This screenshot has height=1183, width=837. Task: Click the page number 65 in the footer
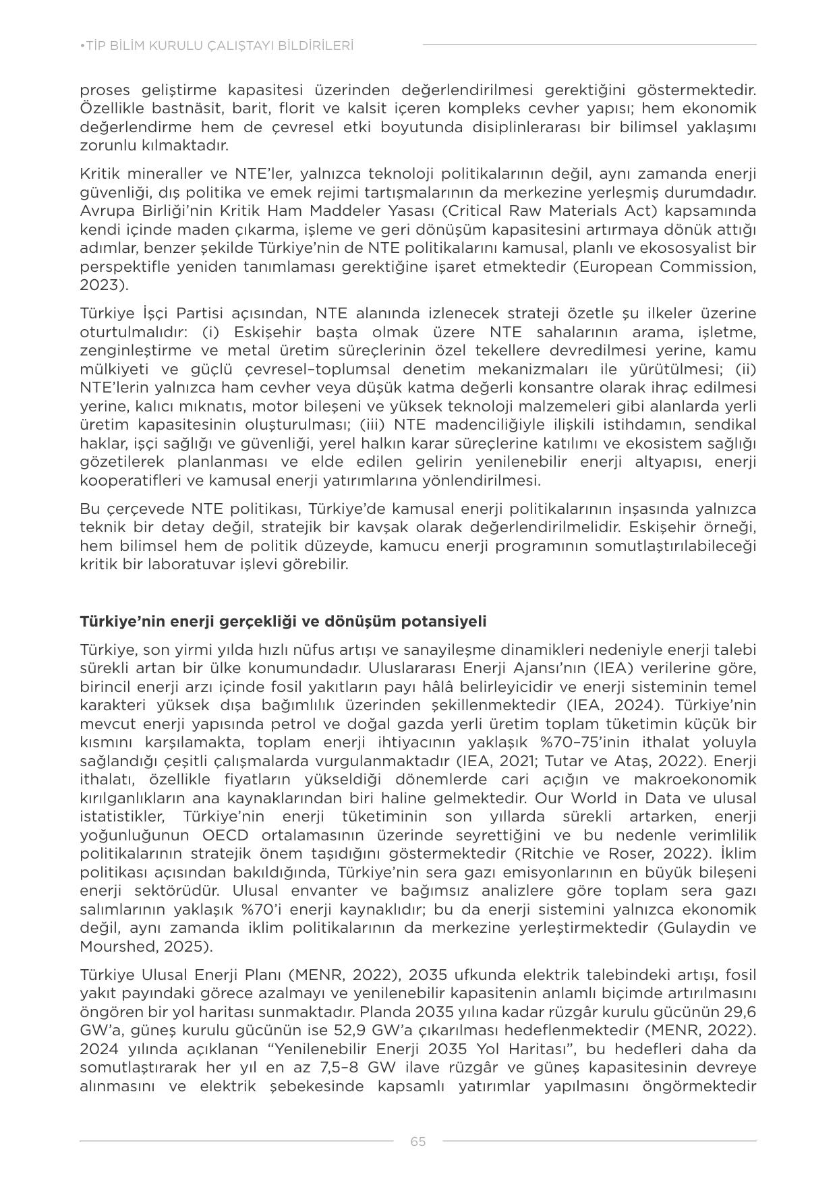pos(417,1141)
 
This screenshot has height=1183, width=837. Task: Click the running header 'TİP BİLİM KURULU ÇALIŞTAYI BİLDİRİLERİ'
pos(217,46)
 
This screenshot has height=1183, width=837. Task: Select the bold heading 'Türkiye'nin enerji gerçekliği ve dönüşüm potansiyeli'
pos(283,621)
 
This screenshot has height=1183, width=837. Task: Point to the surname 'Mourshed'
pos(112,946)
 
